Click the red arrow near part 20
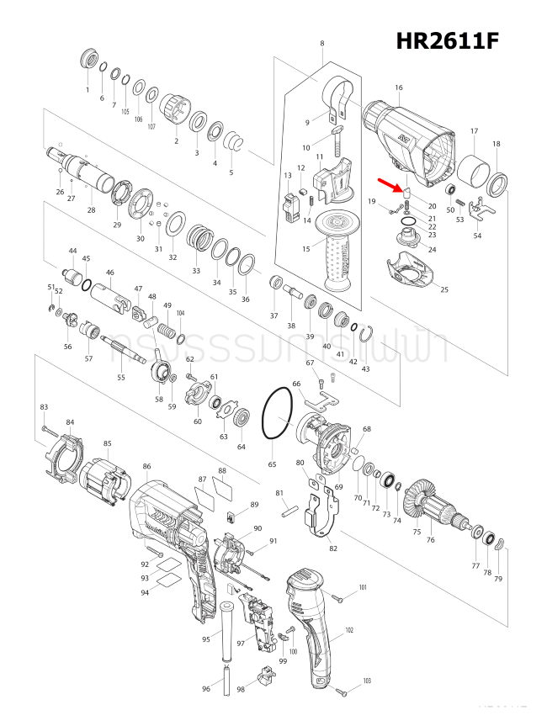tap(390, 184)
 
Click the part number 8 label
tap(322, 43)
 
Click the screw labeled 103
tap(341, 692)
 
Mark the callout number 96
tap(206, 690)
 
